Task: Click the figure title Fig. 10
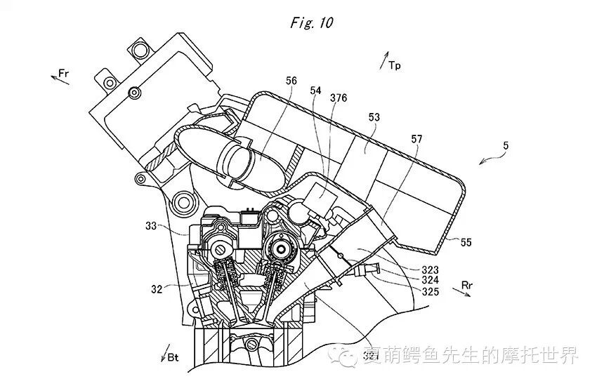(x=312, y=22)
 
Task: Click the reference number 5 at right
(x=506, y=146)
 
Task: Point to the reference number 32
(x=155, y=287)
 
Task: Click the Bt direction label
(x=173, y=357)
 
